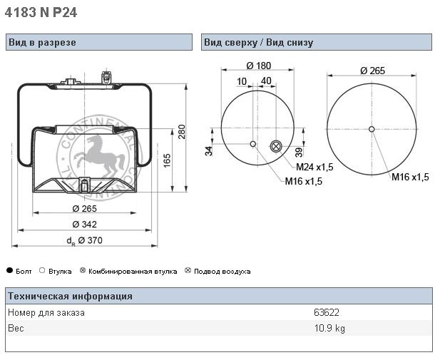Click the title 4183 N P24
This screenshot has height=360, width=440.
(x=41, y=12)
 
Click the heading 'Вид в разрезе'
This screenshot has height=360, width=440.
(x=42, y=42)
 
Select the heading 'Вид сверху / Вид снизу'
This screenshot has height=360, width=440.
(x=258, y=42)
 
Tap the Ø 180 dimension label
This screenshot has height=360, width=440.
(x=258, y=66)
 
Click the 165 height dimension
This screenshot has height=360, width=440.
(x=167, y=160)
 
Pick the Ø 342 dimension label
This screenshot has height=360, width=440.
(x=85, y=225)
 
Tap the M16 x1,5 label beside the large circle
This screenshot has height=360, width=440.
(x=409, y=177)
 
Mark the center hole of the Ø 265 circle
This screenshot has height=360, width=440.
(x=372, y=129)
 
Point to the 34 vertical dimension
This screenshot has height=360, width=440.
(x=209, y=150)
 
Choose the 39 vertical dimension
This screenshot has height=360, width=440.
(x=299, y=150)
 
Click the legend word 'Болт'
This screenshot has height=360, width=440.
(x=24, y=272)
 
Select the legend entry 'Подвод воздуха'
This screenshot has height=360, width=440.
(x=222, y=272)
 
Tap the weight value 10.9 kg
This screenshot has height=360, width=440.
(x=329, y=329)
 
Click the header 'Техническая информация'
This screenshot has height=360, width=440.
(x=70, y=297)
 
